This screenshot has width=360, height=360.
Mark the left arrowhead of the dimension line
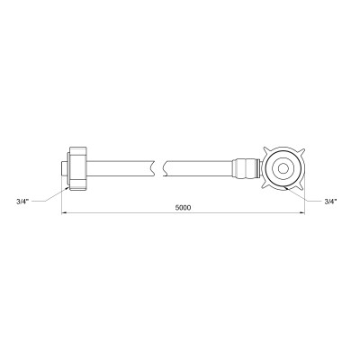click(65, 214)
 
